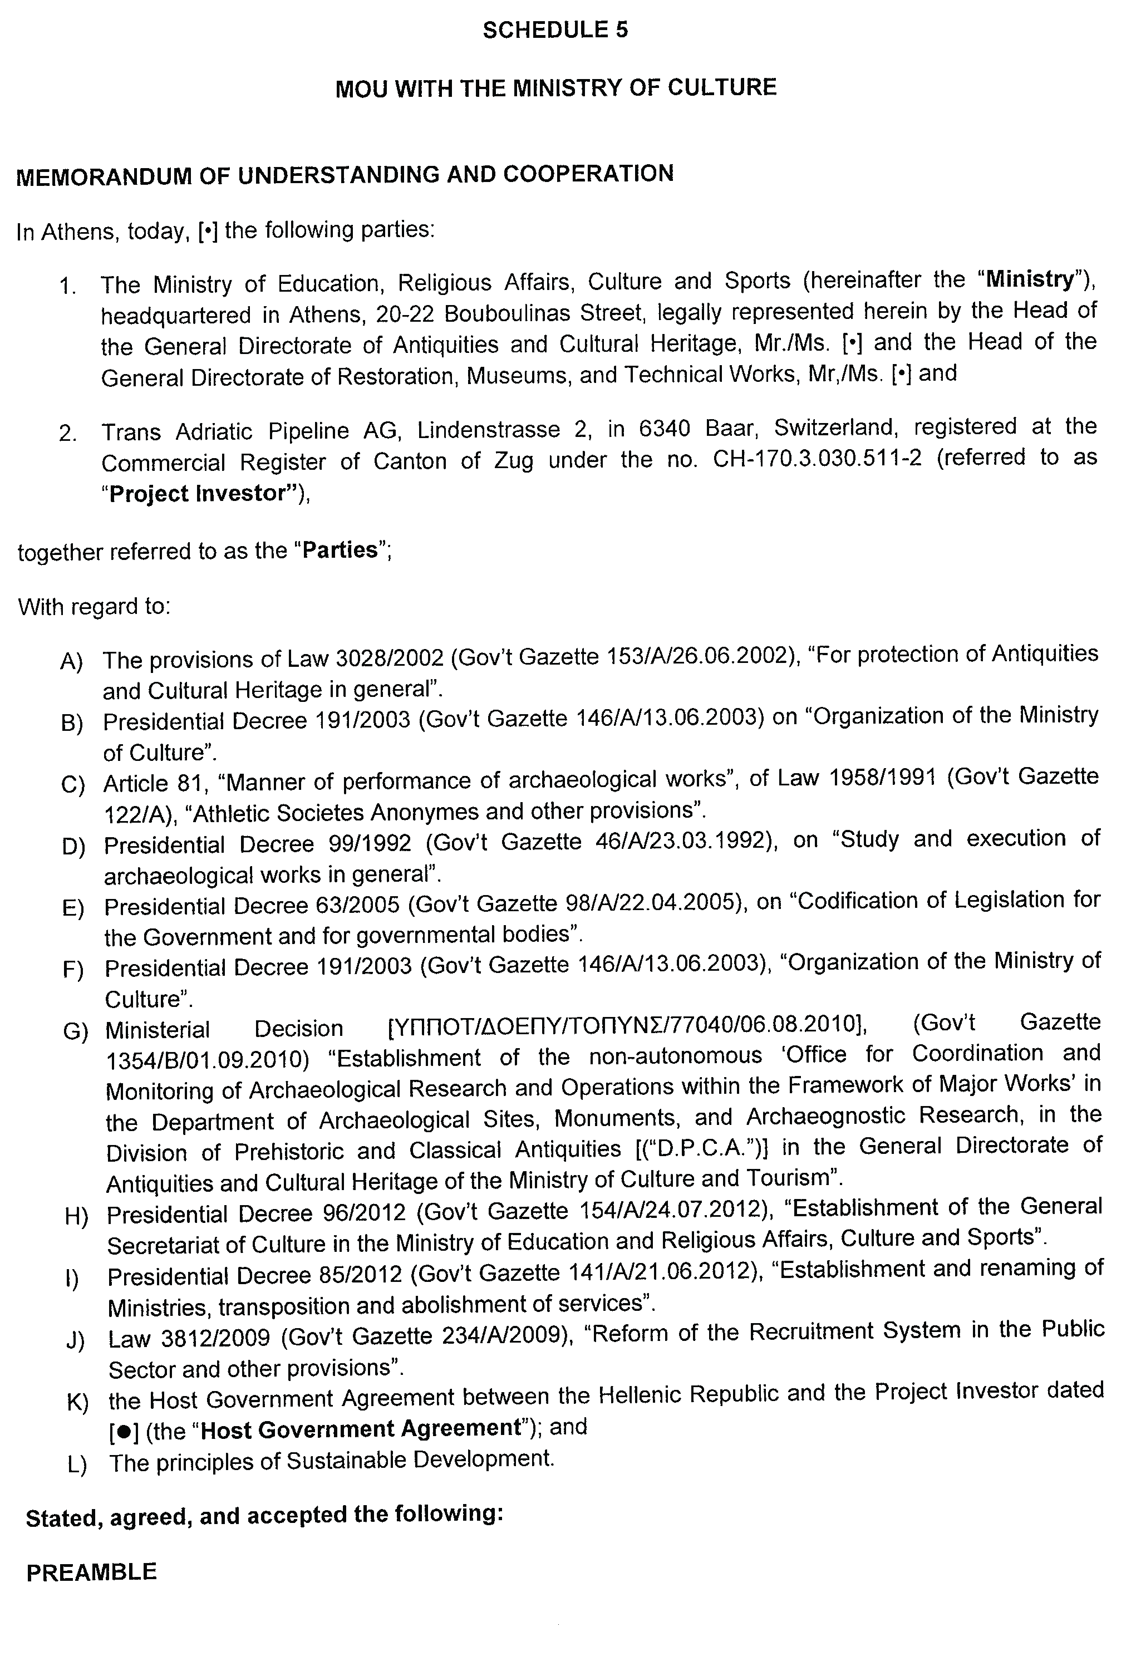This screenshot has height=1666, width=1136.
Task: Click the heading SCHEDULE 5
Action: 555,30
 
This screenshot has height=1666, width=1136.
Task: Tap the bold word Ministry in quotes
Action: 1030,279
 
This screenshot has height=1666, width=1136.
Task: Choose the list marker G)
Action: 75,1031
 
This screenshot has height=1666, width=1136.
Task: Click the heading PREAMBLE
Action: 91,1572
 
